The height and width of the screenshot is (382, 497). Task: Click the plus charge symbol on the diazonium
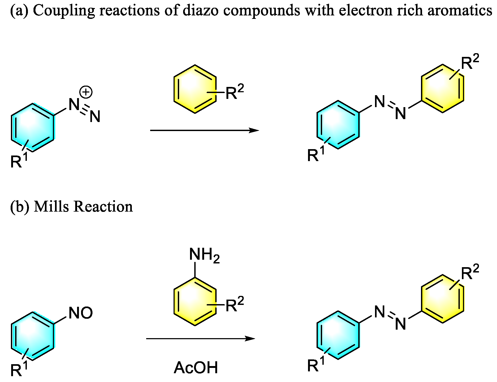point(86,92)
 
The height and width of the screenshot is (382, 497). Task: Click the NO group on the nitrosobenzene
point(81,313)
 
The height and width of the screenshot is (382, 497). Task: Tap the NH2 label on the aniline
point(204,254)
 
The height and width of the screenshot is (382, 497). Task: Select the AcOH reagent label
point(196,368)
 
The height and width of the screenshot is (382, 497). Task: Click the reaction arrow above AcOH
point(201,338)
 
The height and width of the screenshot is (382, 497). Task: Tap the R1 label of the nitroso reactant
point(19,369)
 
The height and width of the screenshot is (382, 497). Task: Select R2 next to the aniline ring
point(234,305)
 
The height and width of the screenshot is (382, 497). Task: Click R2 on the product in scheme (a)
point(470,62)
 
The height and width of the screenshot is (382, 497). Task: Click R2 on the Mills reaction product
point(470,272)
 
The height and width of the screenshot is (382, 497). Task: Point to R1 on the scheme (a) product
point(316,154)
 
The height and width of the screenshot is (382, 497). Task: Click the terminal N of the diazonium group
point(95,116)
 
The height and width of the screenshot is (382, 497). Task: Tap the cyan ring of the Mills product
point(338,335)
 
